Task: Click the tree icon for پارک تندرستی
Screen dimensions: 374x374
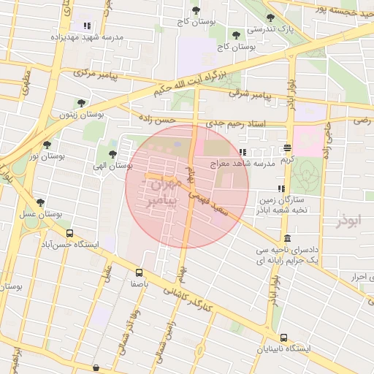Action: click(270, 18)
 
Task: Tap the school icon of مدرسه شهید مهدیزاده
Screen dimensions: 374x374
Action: click(88, 26)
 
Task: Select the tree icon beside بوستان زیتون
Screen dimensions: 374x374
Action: click(80, 103)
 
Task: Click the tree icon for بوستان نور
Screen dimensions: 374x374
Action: click(47, 145)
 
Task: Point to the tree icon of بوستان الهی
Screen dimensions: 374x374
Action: click(112, 154)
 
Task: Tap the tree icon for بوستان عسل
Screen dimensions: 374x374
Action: click(40, 202)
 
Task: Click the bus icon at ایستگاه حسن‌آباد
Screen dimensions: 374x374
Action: click(69, 234)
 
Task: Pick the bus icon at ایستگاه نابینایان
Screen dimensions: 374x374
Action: click(284, 337)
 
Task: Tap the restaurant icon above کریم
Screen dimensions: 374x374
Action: click(288, 148)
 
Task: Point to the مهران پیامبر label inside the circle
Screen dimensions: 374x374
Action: click(162, 192)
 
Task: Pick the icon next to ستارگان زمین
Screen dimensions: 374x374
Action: click(281, 188)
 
